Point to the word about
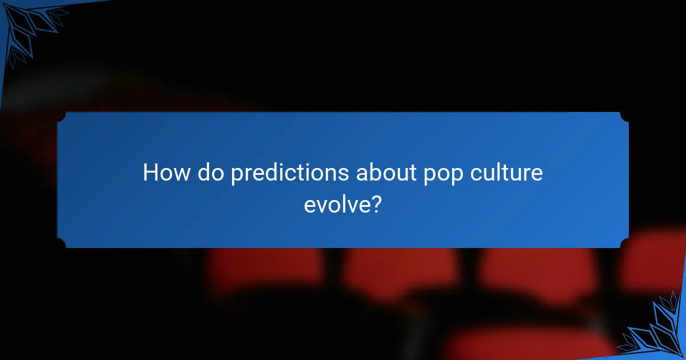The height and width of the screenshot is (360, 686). click(386, 173)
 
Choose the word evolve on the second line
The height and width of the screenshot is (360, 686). click(337, 203)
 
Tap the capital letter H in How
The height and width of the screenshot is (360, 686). click(150, 173)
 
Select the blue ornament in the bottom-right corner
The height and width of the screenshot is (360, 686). click(657, 331)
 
